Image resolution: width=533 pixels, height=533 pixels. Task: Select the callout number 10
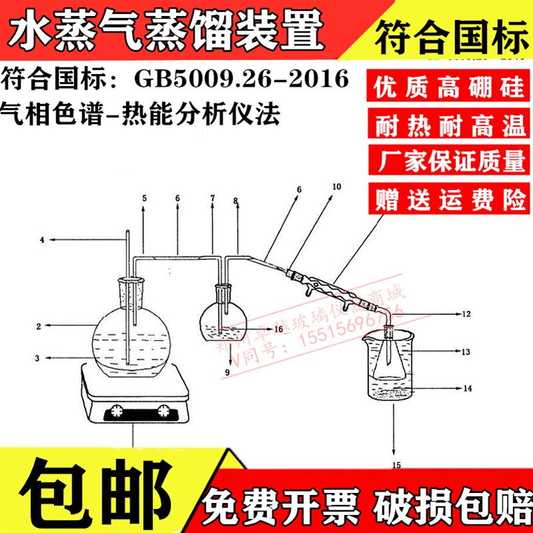click(335, 187)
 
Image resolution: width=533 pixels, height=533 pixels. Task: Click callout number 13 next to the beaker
click(466, 350)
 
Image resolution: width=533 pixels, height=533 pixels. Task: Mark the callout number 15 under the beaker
click(397, 464)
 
